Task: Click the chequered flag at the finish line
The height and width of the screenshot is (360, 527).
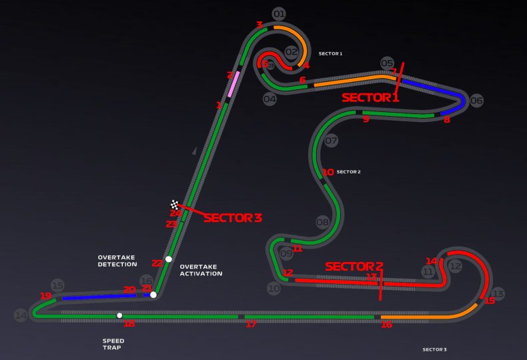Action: [175, 205]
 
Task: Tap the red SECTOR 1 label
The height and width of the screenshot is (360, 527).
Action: [370, 97]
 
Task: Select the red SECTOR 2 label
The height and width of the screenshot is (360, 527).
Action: [354, 266]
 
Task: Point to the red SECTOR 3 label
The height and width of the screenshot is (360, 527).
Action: [233, 217]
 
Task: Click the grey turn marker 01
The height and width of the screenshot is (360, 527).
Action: [279, 13]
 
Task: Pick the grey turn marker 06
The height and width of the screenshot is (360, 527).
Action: [476, 101]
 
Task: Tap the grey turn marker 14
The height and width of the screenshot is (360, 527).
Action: [21, 315]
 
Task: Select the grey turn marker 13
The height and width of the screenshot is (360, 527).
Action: [498, 293]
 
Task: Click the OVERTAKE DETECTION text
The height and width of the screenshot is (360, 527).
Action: [117, 261]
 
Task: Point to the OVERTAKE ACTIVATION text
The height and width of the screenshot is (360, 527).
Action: [201, 270]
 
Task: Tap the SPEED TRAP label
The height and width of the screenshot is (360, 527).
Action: [113, 344]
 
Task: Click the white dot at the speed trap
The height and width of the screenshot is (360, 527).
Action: [119, 315]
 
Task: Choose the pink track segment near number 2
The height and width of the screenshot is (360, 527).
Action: [233, 85]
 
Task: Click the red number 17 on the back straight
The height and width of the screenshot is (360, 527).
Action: [251, 325]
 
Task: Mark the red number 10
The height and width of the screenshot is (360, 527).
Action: [328, 172]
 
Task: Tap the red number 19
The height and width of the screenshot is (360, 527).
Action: [45, 295]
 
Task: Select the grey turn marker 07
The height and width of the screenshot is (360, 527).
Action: [332, 141]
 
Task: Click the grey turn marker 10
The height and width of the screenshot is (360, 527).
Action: [274, 289]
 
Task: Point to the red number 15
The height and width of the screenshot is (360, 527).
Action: [490, 301]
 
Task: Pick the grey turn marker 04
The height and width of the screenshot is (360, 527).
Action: [270, 99]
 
